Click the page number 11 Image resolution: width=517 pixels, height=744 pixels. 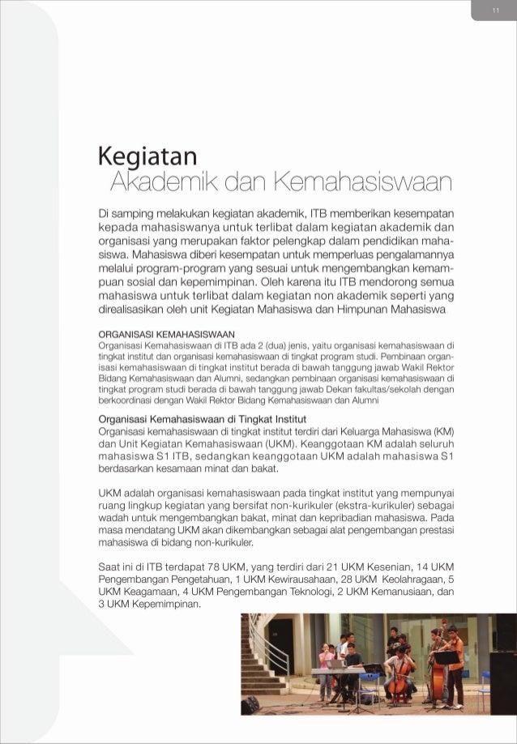click(494, 10)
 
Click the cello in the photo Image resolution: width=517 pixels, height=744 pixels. click(397, 683)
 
